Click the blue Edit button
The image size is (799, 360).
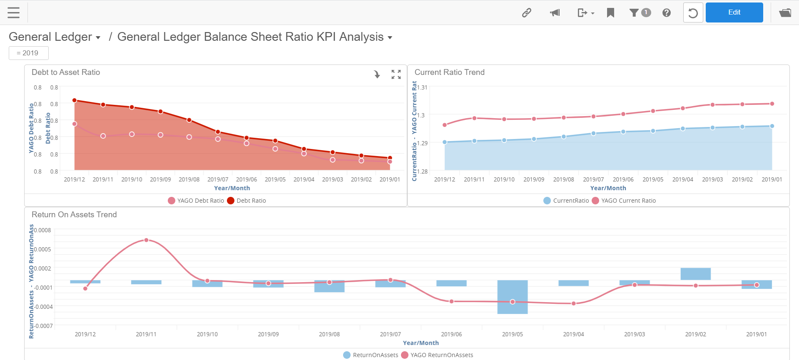click(x=734, y=12)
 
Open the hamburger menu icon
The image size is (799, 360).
click(x=14, y=12)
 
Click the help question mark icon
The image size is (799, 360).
click(x=666, y=12)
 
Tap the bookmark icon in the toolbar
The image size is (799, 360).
click(x=610, y=12)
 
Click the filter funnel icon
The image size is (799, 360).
click(x=634, y=12)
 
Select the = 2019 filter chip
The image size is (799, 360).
click(x=28, y=53)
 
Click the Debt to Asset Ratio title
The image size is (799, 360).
click(x=66, y=72)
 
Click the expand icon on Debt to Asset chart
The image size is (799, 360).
click(x=396, y=74)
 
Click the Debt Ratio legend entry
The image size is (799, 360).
click(x=251, y=201)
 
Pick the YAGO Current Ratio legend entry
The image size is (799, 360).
click(x=628, y=201)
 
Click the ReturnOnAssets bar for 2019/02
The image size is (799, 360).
click(x=695, y=274)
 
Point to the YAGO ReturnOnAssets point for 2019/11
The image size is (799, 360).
click(x=146, y=240)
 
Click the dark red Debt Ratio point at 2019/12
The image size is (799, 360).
click(x=75, y=100)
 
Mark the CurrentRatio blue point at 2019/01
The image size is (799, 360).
click(x=772, y=126)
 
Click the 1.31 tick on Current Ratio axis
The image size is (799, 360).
click(x=423, y=87)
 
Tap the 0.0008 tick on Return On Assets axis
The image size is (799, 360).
click(x=42, y=230)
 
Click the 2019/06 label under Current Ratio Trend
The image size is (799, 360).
click(x=623, y=179)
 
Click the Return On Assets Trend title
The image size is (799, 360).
click(x=74, y=215)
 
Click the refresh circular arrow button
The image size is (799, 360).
click(x=693, y=12)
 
